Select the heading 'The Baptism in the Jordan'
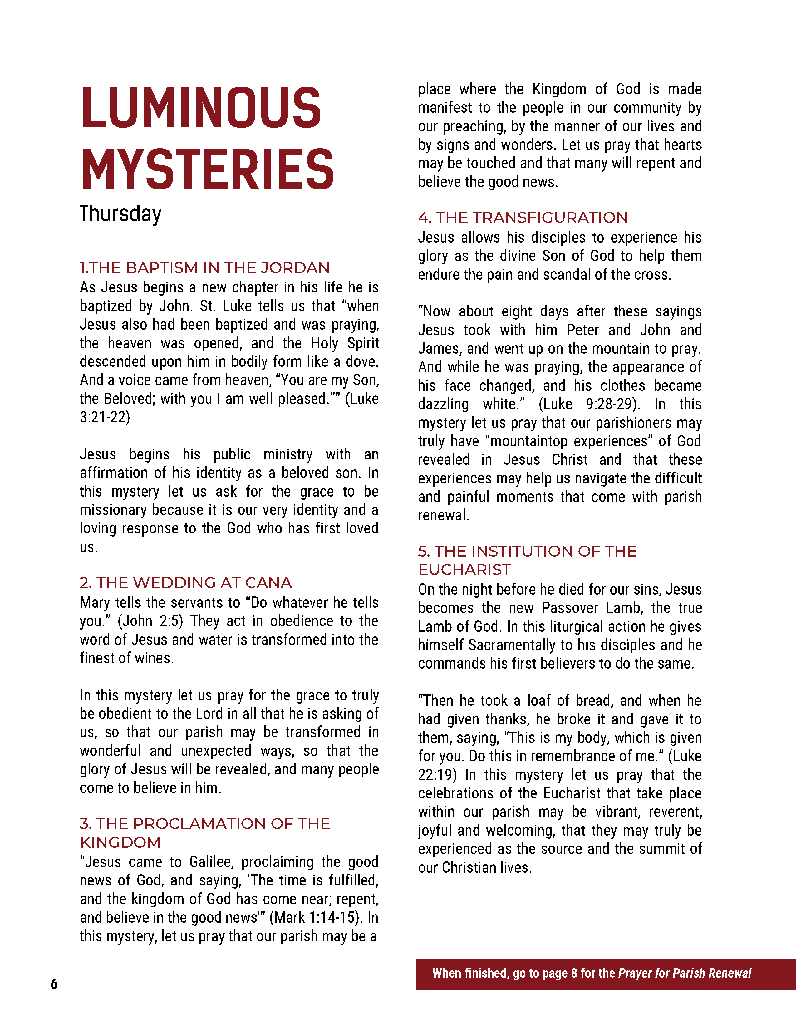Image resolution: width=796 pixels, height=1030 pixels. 205,268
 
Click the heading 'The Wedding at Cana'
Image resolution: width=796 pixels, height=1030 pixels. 186,583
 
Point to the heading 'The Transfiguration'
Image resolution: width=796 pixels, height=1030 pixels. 523,218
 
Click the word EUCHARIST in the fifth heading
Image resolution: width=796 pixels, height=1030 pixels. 464,570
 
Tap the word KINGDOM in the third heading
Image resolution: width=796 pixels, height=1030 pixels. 120,842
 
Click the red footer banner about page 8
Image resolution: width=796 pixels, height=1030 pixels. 606,974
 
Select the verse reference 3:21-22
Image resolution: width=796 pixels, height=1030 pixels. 105,417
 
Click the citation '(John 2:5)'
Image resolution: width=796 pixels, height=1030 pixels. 150,621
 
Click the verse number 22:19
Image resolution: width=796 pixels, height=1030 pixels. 437,775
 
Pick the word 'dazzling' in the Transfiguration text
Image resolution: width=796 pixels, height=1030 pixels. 443,404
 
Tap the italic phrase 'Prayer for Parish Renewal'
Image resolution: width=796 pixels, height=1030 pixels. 684,974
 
